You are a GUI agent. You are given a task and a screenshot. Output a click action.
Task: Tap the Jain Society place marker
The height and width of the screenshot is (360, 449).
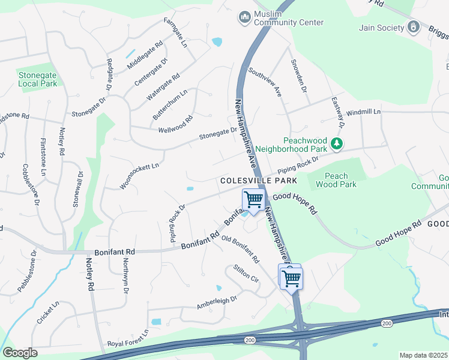tap(414, 26)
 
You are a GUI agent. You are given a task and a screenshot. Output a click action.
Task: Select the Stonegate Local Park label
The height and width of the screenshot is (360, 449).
tap(37, 79)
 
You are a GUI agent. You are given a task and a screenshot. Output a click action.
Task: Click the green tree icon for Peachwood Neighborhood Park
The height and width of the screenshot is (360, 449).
tap(337, 143)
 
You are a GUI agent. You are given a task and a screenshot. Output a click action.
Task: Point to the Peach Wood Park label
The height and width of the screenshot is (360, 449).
tap(340, 180)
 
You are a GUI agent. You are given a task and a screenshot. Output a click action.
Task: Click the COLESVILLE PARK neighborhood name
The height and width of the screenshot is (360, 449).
tap(259, 180)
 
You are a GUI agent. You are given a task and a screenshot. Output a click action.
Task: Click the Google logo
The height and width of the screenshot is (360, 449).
tap(20, 353)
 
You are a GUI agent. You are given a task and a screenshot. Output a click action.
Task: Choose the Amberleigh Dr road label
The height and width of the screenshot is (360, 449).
tap(217, 302)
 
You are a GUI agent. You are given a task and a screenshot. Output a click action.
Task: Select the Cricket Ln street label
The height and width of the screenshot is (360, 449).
tap(48, 313)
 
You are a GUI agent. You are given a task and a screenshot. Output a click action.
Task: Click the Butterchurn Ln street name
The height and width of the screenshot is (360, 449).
tap(170, 103)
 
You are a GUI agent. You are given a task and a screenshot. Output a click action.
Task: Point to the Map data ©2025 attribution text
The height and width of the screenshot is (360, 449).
tap(423, 355)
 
